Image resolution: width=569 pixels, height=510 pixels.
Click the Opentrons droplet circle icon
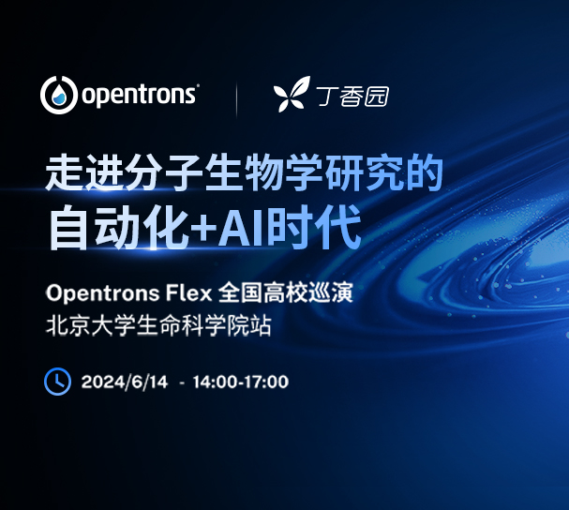[59, 95]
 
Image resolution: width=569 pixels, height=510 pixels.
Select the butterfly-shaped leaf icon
[291, 95]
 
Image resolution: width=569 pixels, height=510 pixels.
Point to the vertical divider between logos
[235, 97]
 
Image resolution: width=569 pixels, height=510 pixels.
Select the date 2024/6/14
[125, 382]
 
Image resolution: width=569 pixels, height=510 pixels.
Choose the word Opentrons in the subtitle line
[98, 293]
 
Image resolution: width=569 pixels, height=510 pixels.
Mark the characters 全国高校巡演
[285, 293]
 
